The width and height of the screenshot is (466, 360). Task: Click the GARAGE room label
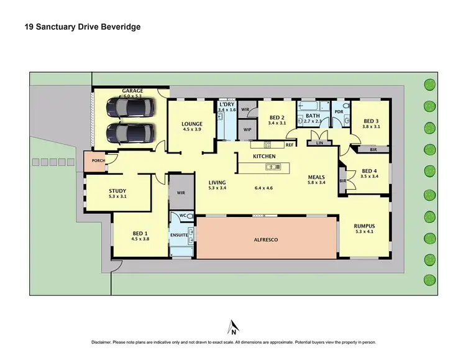pyautogui.click(x=132, y=91)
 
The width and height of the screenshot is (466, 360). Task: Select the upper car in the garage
pyautogui.click(x=129, y=108)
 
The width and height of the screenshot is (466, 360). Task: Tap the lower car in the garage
pyautogui.click(x=129, y=132)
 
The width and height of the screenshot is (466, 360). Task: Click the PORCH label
pyautogui.click(x=98, y=160)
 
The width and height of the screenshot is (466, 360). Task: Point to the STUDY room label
pyautogui.click(x=117, y=191)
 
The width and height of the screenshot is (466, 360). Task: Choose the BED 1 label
pyautogui.click(x=140, y=233)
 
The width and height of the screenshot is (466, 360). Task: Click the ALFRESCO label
pyautogui.click(x=267, y=239)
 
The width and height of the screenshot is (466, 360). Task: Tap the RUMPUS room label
pyautogui.click(x=364, y=226)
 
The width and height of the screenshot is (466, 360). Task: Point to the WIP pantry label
pyautogui.click(x=247, y=129)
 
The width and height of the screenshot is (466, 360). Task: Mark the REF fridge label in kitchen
pyautogui.click(x=289, y=145)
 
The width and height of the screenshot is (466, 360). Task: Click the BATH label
pyautogui.click(x=313, y=116)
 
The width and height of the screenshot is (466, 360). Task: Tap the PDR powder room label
pyautogui.click(x=339, y=112)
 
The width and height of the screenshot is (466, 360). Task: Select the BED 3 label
pyautogui.click(x=371, y=121)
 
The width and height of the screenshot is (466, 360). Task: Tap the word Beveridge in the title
pyautogui.click(x=119, y=28)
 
